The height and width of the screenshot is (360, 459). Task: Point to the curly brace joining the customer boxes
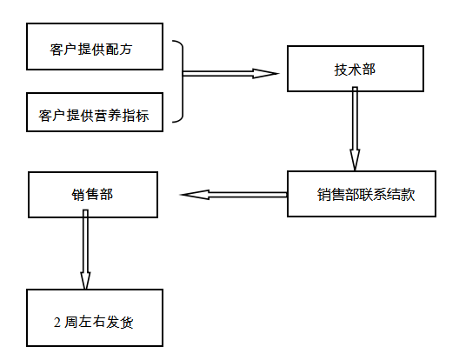pyautogui.click(x=183, y=81)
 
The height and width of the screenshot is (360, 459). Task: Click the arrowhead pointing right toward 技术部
pyautogui.click(x=265, y=74)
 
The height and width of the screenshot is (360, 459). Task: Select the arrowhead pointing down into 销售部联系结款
pyautogui.click(x=355, y=160)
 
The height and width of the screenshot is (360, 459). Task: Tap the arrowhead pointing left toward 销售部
pyautogui.click(x=195, y=195)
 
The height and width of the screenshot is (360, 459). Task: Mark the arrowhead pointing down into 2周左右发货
pyautogui.click(x=85, y=281)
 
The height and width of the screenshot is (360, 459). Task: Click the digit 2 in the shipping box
pyautogui.click(x=57, y=323)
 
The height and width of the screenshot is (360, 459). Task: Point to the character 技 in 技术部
pyautogui.click(x=341, y=70)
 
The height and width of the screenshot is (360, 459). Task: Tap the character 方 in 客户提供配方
pyautogui.click(x=125, y=49)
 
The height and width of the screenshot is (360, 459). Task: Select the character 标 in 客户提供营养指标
pyautogui.click(x=142, y=116)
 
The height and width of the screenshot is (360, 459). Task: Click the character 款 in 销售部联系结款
pyautogui.click(x=408, y=194)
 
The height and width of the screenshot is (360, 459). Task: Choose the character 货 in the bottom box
pyautogui.click(x=126, y=323)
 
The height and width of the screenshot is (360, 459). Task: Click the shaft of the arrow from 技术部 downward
pyautogui.click(x=355, y=118)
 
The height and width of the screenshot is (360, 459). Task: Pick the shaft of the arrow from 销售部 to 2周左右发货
pyautogui.click(x=85, y=241)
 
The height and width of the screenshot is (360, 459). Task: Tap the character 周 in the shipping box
pyautogui.click(x=71, y=323)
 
